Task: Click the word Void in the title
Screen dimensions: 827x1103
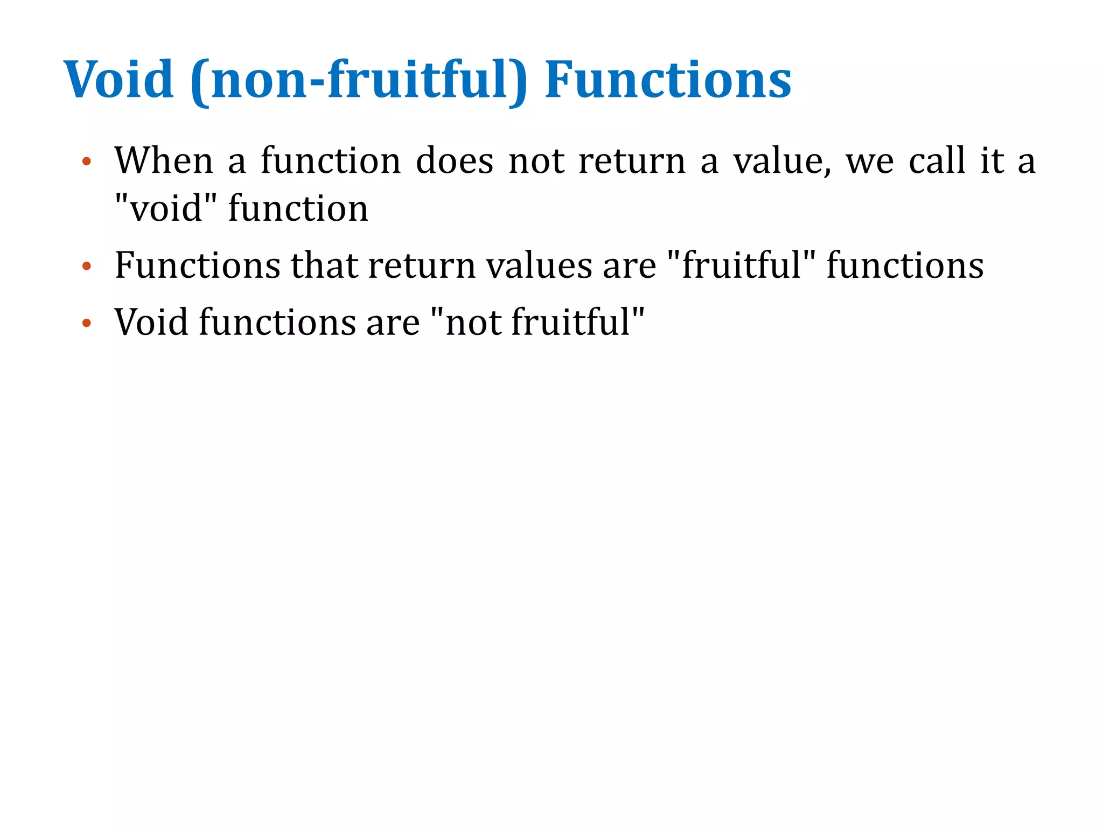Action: tap(119, 80)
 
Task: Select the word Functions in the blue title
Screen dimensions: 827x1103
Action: tap(668, 80)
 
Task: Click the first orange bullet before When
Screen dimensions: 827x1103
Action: tap(87, 162)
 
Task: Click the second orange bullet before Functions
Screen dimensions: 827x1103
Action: tap(87, 266)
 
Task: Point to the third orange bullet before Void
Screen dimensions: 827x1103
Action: tap(87, 323)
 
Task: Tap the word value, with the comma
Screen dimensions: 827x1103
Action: tap(782, 162)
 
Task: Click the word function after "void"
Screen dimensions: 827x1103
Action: tap(298, 208)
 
